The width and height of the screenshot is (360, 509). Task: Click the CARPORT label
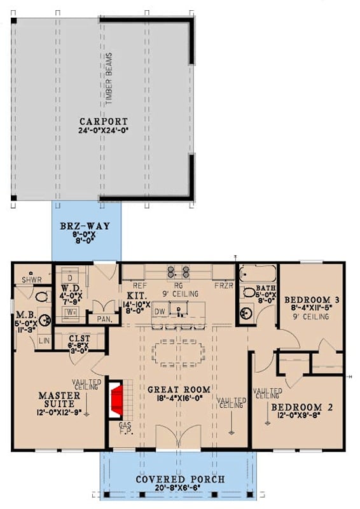104,121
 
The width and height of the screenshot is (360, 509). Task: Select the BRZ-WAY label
85,225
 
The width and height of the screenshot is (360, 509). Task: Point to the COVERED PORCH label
179,478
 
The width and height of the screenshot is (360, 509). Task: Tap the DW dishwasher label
160,311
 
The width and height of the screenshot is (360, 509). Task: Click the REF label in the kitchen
140,286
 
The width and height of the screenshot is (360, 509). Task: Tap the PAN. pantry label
105,319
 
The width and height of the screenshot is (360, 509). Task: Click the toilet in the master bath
42,296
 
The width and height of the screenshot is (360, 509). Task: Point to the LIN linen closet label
44,341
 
